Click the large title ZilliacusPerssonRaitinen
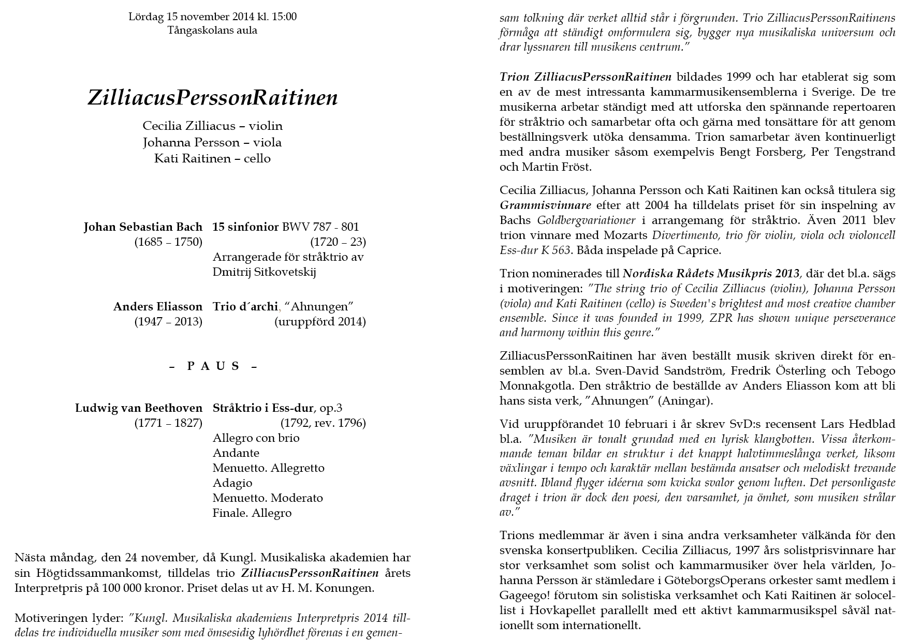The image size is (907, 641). (213, 98)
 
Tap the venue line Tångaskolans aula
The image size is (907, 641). (212, 30)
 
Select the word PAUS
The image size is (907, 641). (213, 366)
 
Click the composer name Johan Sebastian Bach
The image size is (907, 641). (143, 227)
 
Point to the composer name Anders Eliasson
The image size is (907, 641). (158, 307)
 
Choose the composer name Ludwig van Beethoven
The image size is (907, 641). (139, 408)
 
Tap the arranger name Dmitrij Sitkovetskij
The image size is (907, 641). (264, 272)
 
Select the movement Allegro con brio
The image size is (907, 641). (256, 438)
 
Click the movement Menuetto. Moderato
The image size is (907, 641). (268, 498)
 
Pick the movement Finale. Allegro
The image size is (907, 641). (252, 513)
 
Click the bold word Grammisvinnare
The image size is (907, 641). (545, 205)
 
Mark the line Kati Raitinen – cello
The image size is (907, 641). (212, 158)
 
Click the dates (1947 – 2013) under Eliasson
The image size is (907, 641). (168, 322)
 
